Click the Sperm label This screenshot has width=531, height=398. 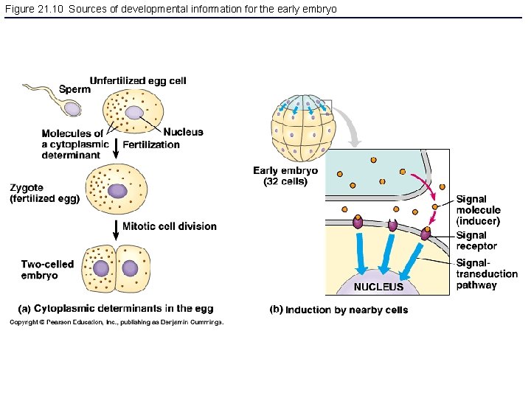74,89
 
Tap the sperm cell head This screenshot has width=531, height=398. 72,108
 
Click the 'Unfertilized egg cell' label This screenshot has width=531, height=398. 138,80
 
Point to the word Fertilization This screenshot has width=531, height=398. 151,144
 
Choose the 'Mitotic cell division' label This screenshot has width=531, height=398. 170,226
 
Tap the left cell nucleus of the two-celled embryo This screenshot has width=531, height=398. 103,267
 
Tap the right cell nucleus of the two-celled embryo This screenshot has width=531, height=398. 131,268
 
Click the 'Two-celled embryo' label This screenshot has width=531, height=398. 48,270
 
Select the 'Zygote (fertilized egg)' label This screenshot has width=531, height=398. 44,193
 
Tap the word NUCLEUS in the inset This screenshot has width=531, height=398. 378,287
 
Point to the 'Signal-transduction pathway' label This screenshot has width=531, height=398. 486,273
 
